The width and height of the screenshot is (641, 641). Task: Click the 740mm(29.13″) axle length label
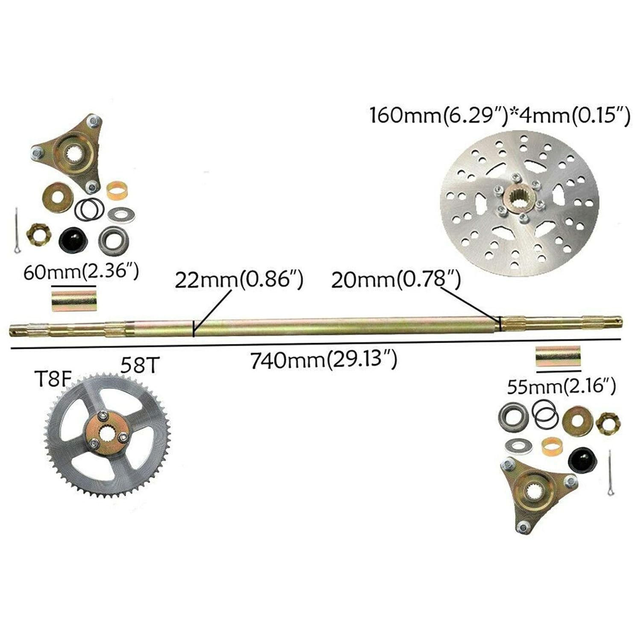[x=323, y=360]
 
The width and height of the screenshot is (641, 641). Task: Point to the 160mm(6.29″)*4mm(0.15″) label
[x=500, y=116]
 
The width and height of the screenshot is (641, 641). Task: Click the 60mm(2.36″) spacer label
[x=81, y=272]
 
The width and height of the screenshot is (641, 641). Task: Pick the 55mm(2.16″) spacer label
[x=561, y=387]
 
